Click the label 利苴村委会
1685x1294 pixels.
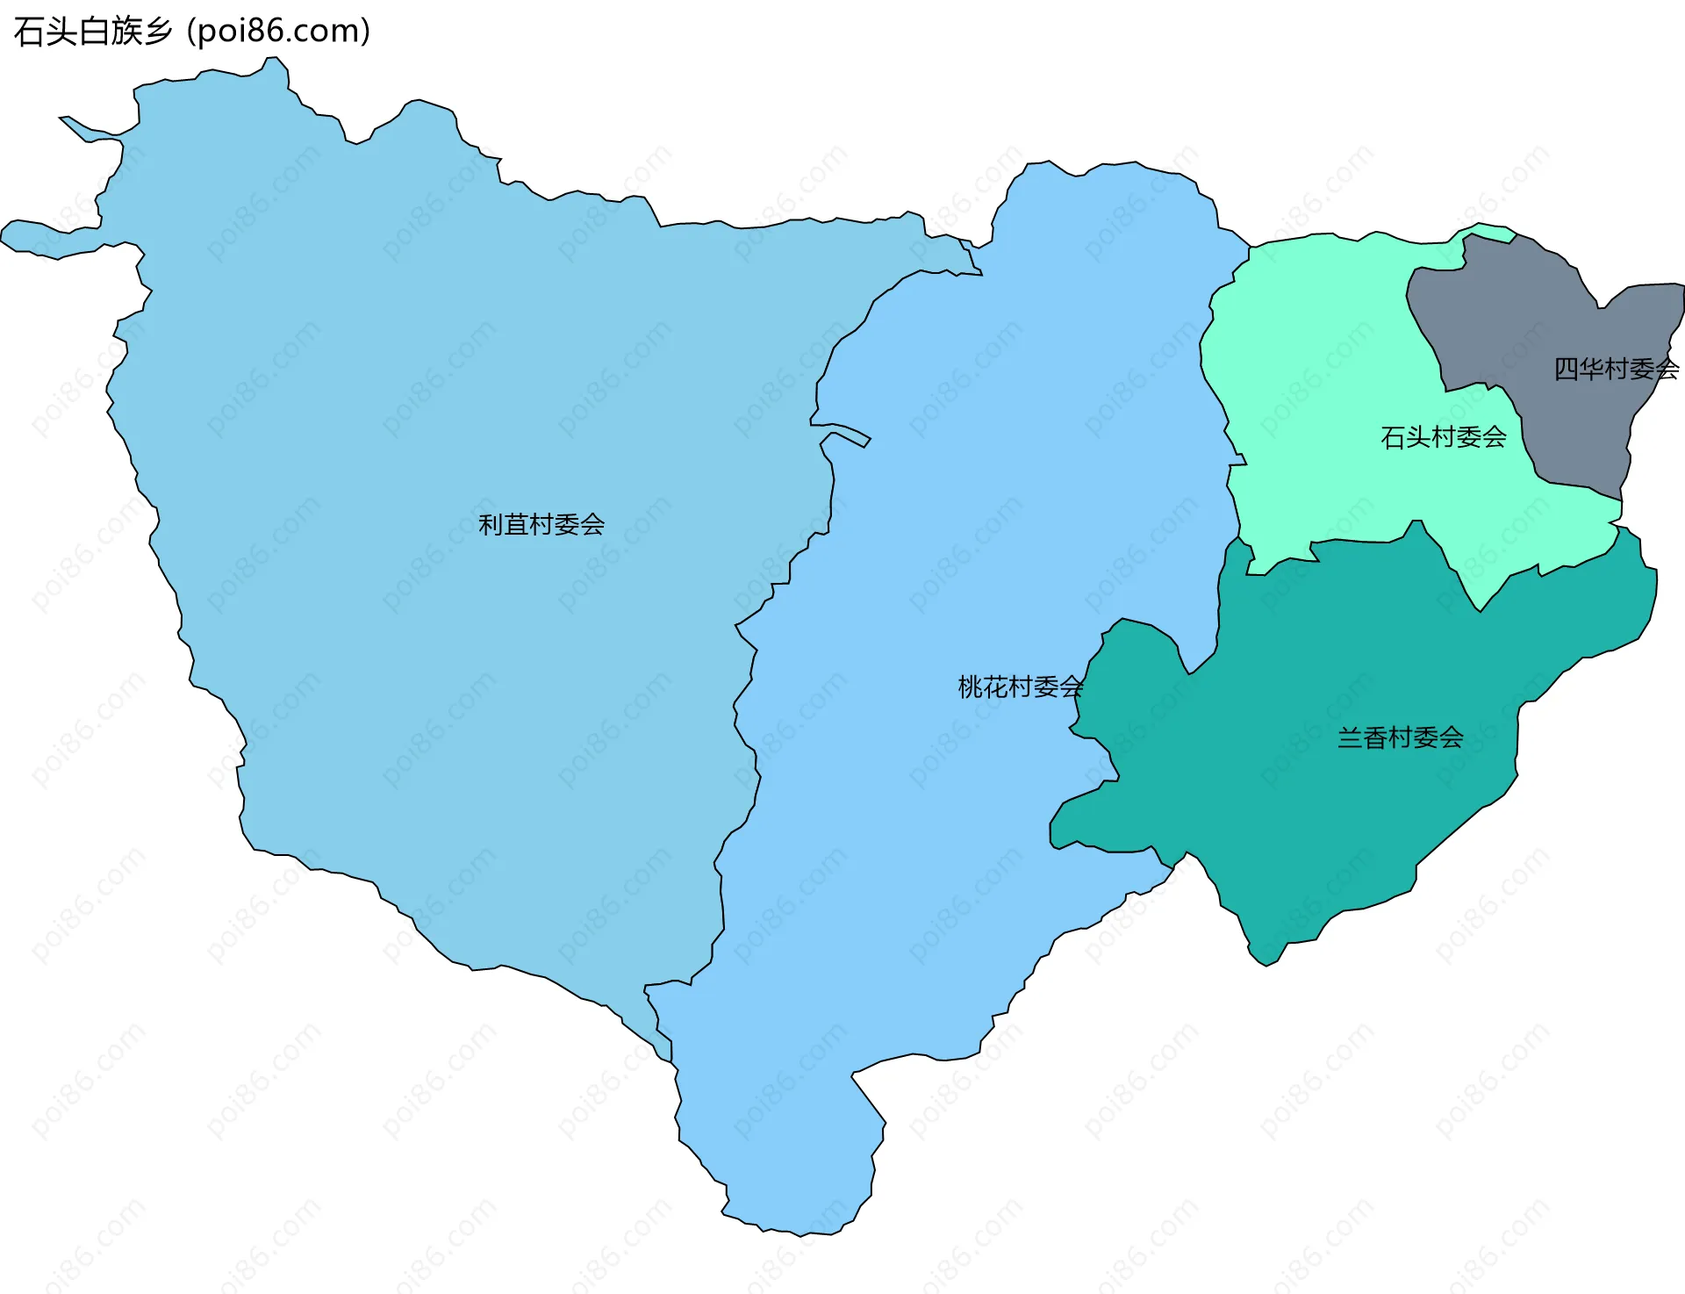coord(541,524)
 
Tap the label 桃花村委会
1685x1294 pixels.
coord(1020,687)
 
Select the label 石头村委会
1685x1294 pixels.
coord(1443,436)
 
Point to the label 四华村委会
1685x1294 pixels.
coord(1616,369)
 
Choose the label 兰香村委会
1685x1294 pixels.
coord(1400,737)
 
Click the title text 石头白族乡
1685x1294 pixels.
coord(93,32)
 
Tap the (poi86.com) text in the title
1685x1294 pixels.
coord(279,32)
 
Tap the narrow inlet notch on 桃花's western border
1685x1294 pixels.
coord(847,435)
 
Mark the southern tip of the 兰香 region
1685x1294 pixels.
coord(1265,957)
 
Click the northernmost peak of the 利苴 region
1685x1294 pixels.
coord(275,66)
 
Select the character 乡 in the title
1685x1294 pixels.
coord(158,32)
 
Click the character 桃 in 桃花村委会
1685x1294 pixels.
coord(969,687)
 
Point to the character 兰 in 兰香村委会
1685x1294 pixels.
coord(1349,737)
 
